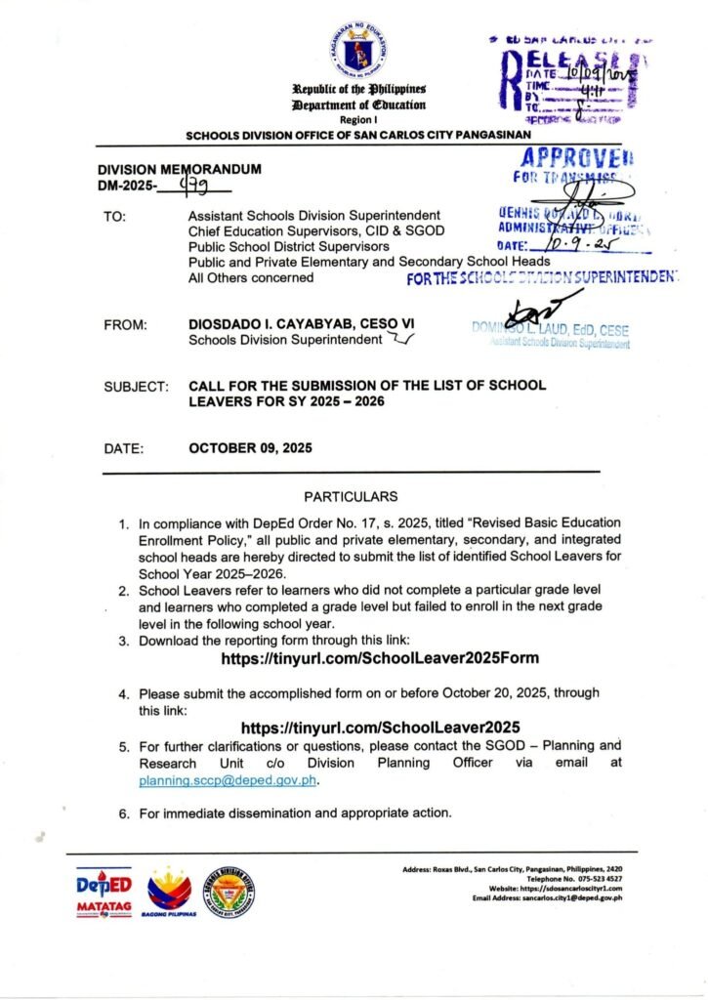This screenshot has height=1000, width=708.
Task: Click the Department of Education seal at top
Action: [x=358, y=53]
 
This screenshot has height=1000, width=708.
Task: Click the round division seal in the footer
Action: [x=229, y=887]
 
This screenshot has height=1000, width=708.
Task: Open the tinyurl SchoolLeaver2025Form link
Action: [x=380, y=659]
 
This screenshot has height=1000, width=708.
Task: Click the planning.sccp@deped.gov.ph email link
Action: [x=229, y=781]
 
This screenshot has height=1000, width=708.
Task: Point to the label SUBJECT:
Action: [x=136, y=387]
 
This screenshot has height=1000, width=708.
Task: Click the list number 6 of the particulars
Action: [x=124, y=812]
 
